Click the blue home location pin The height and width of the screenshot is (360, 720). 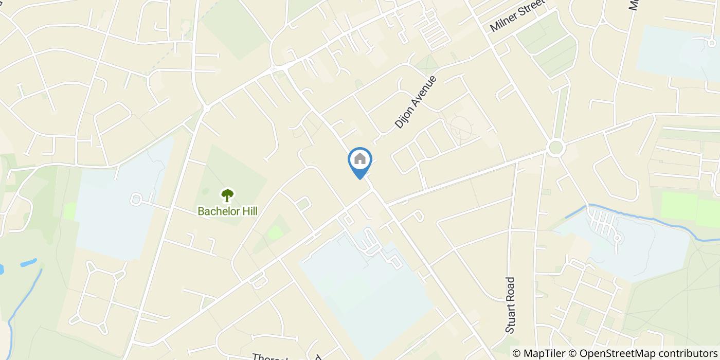360,161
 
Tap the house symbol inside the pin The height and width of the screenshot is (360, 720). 360,159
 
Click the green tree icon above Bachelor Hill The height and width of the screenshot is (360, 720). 227,195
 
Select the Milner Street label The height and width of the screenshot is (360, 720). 517,19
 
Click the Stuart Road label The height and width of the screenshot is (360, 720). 510,305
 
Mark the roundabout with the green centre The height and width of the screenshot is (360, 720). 555,148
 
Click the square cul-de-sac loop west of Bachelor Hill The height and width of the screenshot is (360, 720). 136,199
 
